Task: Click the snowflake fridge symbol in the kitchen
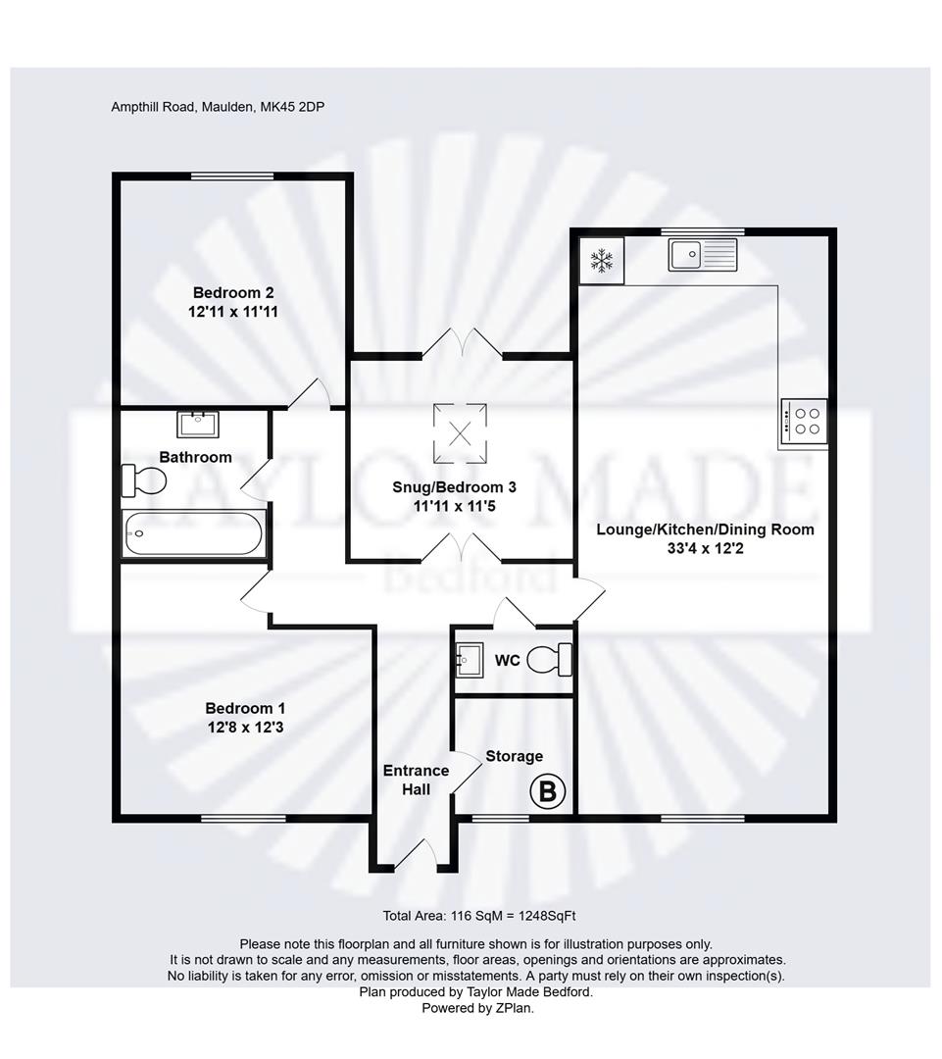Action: click(x=601, y=261)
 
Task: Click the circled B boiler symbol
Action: click(x=547, y=791)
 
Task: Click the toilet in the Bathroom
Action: click(x=143, y=480)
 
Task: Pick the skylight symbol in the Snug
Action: click(x=460, y=431)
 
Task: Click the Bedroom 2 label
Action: click(x=233, y=292)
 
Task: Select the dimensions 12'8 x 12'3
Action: click(x=245, y=728)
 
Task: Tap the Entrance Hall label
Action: click(x=416, y=780)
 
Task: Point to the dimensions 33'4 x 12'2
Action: click(x=706, y=549)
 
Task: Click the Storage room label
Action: click(x=515, y=756)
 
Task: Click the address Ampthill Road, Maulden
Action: click(x=218, y=107)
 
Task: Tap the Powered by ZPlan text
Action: click(x=477, y=1007)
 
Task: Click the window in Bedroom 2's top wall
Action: click(x=232, y=176)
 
